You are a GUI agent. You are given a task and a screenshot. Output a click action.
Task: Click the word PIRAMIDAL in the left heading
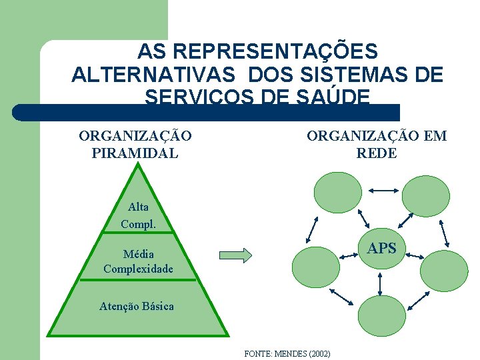coord(135,153)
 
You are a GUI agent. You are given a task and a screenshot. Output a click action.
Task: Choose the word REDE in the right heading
coord(377,153)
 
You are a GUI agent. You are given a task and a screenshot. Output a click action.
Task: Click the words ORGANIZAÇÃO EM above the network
coord(377,137)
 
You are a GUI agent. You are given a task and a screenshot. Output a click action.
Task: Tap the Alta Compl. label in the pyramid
coord(138,216)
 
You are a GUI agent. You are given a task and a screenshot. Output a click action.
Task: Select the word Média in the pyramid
coord(138,254)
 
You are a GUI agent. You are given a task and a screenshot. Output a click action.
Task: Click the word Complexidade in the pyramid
coord(138,269)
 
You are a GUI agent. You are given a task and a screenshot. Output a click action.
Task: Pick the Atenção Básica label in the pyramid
coord(137,307)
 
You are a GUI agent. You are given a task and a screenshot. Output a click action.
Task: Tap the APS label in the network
coord(382,249)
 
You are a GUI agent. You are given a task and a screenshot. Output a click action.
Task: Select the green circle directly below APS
coord(381,315)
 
